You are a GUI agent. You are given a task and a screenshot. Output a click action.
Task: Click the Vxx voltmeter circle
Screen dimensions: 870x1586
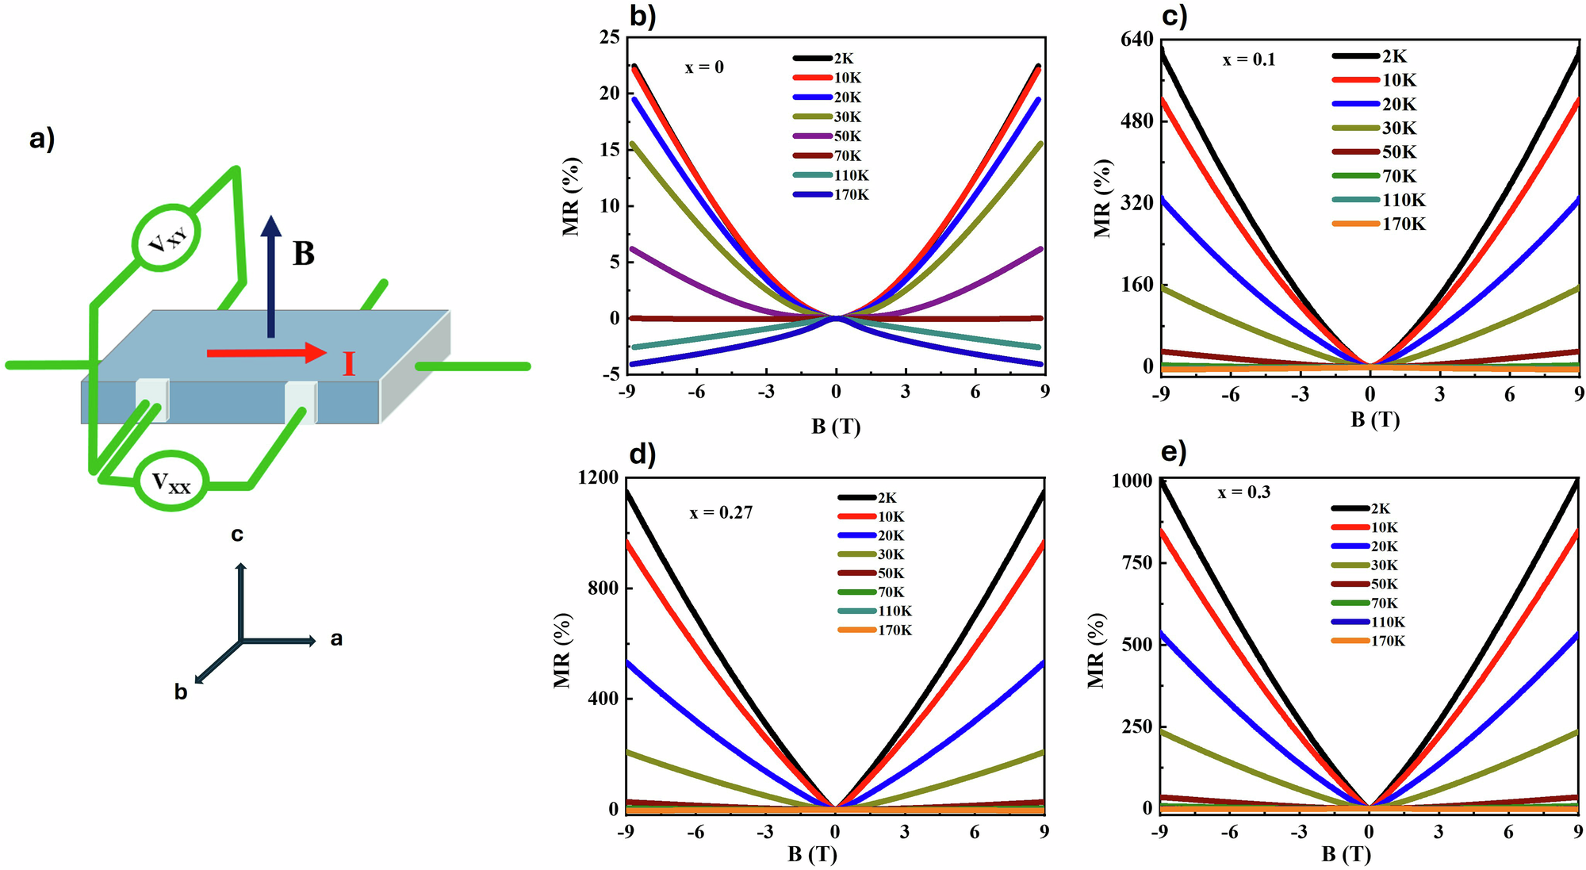tap(171, 481)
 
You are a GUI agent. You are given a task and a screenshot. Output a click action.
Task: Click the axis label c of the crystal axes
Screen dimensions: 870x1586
tap(237, 535)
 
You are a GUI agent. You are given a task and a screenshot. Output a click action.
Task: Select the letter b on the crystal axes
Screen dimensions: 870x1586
tap(181, 692)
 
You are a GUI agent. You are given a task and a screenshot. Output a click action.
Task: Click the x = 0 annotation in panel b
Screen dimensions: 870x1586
tap(704, 67)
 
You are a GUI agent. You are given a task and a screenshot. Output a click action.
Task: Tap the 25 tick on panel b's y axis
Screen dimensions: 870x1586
tap(610, 37)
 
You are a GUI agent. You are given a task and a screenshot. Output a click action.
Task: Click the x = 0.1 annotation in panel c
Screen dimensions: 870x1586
tap(1249, 59)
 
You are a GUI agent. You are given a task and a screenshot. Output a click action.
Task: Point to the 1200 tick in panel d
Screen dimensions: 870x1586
tap(598, 477)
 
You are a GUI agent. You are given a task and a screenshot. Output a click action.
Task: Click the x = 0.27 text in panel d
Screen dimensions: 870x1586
tap(721, 512)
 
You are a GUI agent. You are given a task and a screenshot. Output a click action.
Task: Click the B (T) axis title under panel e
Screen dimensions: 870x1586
tap(1347, 854)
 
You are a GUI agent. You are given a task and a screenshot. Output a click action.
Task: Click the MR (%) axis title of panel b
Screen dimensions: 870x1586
tap(571, 197)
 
